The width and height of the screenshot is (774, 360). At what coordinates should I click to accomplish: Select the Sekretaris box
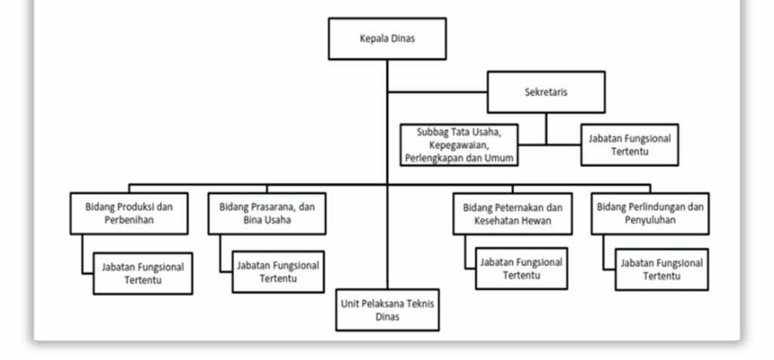pos(546,92)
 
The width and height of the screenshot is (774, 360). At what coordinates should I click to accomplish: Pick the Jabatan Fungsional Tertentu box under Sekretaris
pos(629,144)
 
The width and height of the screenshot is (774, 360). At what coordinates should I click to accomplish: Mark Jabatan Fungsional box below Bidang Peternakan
pos(521,268)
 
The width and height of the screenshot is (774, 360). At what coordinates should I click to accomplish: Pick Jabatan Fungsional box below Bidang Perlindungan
pos(661,269)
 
